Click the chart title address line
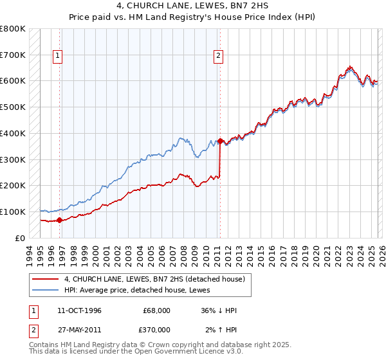(x=192, y=6)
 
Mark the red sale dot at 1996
(x=60, y=220)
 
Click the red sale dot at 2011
(x=221, y=141)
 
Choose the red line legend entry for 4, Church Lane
(x=154, y=279)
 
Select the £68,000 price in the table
(x=156, y=310)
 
